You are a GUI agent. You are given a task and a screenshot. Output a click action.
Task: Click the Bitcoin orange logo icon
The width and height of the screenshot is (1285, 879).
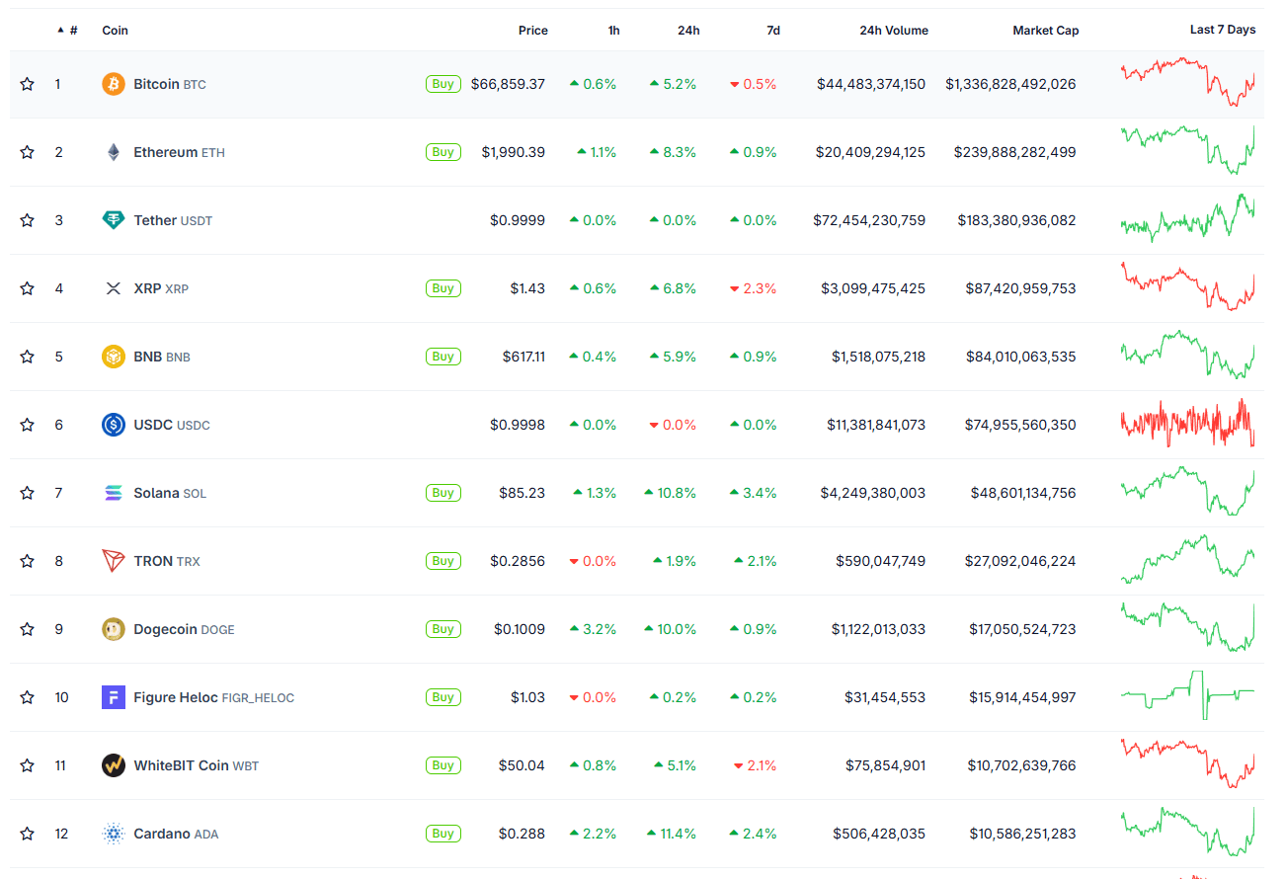pyautogui.click(x=114, y=84)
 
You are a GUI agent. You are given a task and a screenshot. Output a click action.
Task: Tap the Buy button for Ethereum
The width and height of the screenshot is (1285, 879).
pyautogui.click(x=442, y=152)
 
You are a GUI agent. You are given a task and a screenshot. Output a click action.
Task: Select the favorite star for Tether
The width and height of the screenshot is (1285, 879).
pyautogui.click(x=28, y=220)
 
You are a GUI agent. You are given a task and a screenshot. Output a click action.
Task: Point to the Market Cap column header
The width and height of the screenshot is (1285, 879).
pyautogui.click(x=1045, y=31)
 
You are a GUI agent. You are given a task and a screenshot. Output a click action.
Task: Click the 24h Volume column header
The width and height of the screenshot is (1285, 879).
pyautogui.click(x=893, y=31)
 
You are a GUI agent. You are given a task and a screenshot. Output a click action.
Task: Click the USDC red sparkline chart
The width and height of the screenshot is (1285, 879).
pyautogui.click(x=1187, y=424)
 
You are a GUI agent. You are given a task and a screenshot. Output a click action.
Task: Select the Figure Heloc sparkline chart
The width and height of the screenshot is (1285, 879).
pyautogui.click(x=1187, y=695)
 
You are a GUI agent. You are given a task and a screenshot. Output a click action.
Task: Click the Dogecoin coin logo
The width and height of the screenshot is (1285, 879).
pyautogui.click(x=114, y=629)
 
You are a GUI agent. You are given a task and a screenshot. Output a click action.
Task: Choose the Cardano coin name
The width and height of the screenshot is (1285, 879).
pyautogui.click(x=161, y=834)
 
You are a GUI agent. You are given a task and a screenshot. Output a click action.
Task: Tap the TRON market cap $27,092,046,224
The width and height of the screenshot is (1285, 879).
pyautogui.click(x=1019, y=561)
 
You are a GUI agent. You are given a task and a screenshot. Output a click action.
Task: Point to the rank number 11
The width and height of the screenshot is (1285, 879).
pyautogui.click(x=60, y=765)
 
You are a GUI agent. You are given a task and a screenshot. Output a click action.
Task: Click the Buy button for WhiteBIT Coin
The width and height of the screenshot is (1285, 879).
pyautogui.click(x=442, y=765)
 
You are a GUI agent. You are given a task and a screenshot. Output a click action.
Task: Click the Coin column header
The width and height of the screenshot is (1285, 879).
pyautogui.click(x=115, y=31)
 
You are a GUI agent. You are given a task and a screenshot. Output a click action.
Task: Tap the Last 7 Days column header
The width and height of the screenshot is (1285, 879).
pyautogui.click(x=1222, y=30)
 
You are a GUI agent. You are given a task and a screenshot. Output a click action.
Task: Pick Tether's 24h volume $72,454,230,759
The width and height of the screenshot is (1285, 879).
pyautogui.click(x=869, y=220)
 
